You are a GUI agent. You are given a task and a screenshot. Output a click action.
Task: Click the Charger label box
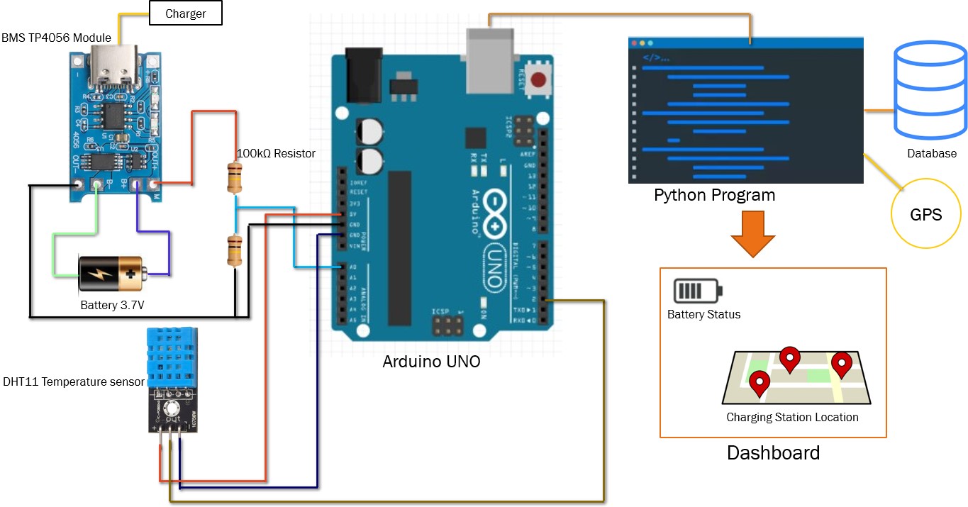(x=186, y=13)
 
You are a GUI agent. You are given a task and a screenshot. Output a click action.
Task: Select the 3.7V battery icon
(x=112, y=272)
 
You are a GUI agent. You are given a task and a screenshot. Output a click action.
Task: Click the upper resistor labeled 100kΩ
(x=235, y=177)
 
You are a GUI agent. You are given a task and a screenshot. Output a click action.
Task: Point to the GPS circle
(x=926, y=213)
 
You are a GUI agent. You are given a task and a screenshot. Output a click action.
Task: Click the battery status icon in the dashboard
(x=698, y=291)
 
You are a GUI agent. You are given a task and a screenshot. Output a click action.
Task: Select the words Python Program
(x=714, y=195)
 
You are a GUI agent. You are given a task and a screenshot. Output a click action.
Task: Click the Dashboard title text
(x=773, y=452)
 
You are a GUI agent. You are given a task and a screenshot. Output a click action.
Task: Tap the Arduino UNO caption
(x=431, y=362)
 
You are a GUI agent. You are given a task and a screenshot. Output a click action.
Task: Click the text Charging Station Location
(x=792, y=418)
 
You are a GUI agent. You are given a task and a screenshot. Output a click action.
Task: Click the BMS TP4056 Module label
(x=56, y=38)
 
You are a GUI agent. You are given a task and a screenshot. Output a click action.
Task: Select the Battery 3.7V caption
(x=117, y=306)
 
